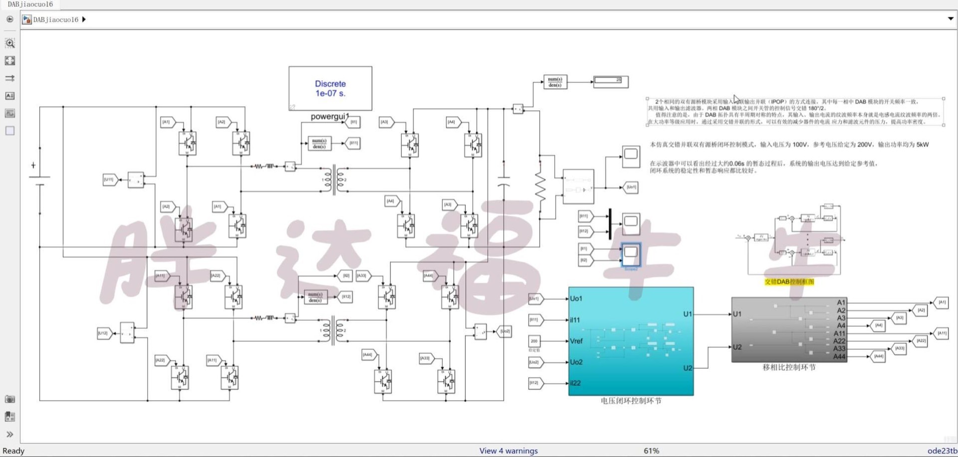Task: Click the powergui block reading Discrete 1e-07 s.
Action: (330, 88)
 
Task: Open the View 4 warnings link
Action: (508, 451)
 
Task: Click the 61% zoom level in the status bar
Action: (651, 451)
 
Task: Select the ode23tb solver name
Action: (942, 451)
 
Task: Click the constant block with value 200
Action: (534, 341)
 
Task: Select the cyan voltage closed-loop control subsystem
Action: (631, 341)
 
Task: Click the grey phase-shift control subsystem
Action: (788, 329)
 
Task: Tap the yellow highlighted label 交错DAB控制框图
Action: (789, 282)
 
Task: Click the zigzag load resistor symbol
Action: (540, 187)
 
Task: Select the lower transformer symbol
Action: (333, 330)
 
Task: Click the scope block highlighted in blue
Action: (631, 253)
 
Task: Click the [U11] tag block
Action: (109, 180)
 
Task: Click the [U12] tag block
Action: (103, 333)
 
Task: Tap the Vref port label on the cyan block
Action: (576, 341)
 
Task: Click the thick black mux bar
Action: (610, 224)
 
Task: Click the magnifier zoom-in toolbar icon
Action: (9, 43)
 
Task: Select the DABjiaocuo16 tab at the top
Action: (30, 4)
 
